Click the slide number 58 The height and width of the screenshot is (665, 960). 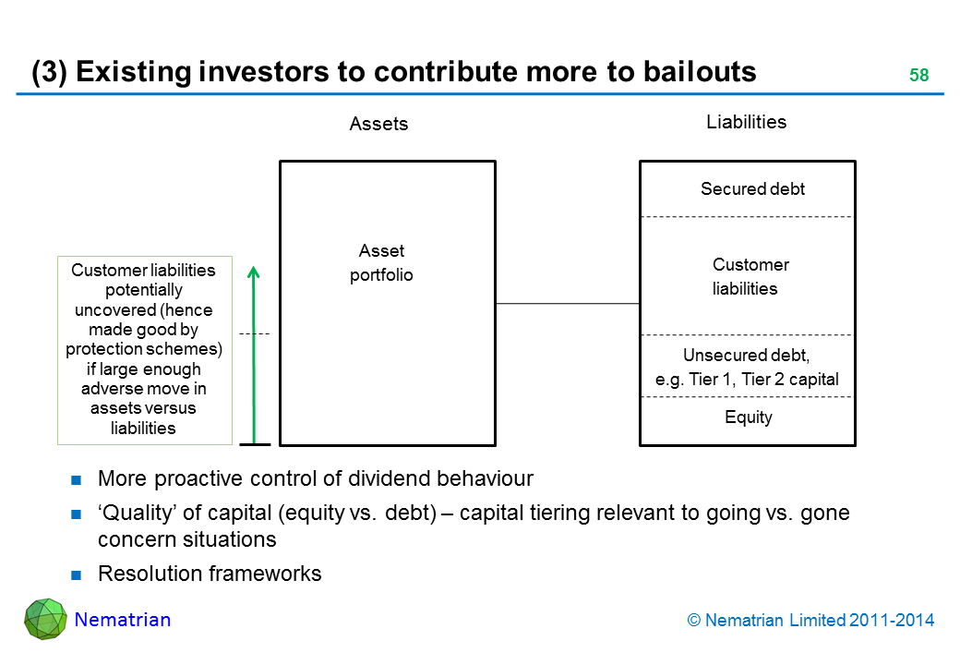[918, 76]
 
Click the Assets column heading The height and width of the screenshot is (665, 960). [378, 124]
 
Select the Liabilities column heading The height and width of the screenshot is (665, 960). [746, 122]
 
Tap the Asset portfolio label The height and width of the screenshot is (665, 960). [381, 263]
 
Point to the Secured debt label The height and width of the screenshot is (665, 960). [752, 189]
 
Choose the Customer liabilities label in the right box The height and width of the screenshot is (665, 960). [750, 276]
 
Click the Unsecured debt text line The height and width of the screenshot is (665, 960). [746, 356]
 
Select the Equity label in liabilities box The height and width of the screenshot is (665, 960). [749, 417]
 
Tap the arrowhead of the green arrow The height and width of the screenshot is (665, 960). [255, 272]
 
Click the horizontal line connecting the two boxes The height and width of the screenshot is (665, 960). [567, 303]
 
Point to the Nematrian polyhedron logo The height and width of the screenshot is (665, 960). [44, 619]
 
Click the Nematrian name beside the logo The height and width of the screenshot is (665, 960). [123, 620]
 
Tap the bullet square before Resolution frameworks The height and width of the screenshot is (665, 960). [78, 574]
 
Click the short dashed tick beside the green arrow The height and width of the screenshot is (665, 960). [254, 332]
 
